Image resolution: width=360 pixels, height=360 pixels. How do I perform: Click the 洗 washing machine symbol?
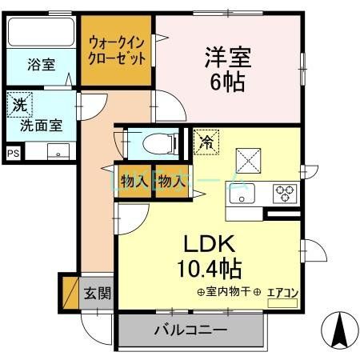[x=18, y=103]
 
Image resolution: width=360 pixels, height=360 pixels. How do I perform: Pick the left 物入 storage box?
[x=133, y=181]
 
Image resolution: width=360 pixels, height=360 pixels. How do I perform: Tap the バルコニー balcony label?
[x=191, y=330]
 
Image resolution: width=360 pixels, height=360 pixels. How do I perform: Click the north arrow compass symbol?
[x=338, y=329]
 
